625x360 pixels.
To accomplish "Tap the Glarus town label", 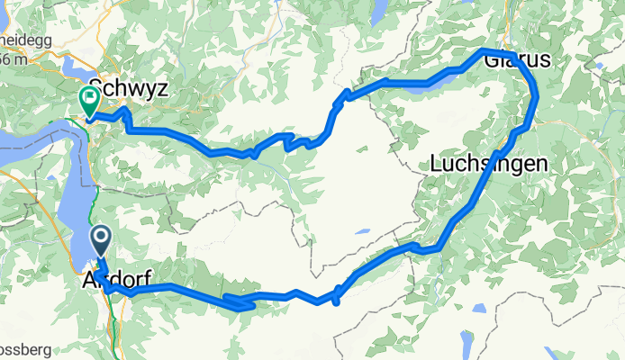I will (x=516, y=62).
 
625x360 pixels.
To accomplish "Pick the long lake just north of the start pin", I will (x=76, y=216).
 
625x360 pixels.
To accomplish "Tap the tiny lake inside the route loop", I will (x=361, y=231).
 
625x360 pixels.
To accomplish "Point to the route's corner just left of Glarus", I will (x=484, y=50).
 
